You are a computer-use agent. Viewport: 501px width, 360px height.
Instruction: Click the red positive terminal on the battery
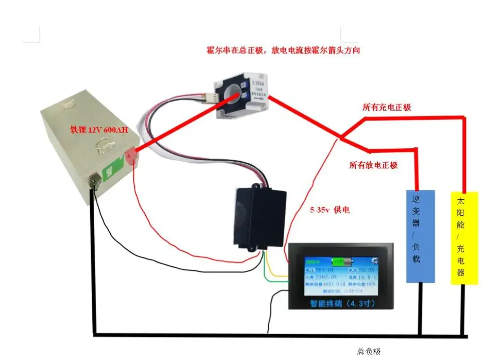click(132, 157)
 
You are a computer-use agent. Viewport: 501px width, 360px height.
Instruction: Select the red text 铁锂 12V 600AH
click(99, 130)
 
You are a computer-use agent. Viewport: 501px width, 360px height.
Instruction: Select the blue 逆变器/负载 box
click(420, 236)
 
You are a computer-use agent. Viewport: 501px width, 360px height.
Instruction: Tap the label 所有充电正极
click(386, 108)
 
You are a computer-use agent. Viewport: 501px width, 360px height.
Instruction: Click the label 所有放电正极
click(374, 165)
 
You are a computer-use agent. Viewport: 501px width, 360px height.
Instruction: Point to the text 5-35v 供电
click(330, 210)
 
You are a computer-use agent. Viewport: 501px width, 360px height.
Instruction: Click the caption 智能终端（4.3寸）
click(340, 303)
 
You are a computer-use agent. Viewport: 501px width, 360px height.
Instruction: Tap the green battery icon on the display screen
click(343, 261)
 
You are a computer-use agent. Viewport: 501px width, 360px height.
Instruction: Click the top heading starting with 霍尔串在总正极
click(284, 51)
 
